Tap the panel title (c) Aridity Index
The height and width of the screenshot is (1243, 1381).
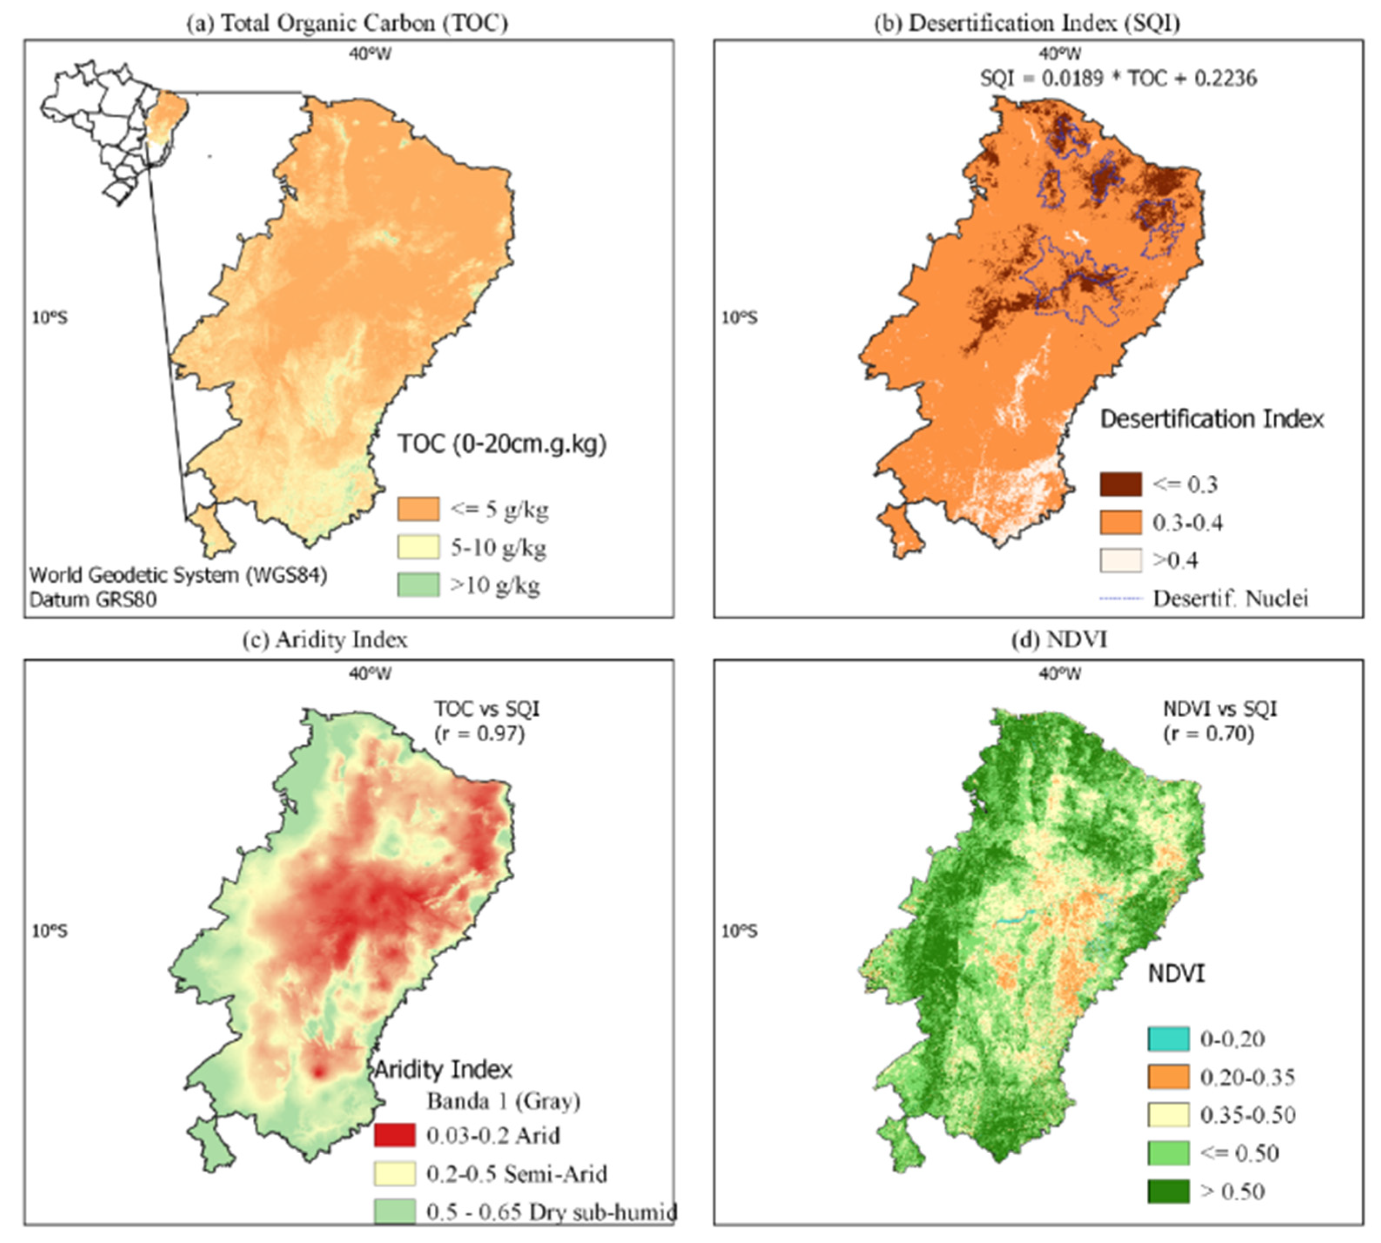(x=325, y=640)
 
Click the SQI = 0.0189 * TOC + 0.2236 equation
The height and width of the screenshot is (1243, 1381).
(x=1118, y=78)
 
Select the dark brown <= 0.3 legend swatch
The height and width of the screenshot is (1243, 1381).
(x=1120, y=484)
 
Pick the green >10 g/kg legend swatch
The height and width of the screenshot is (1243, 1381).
(x=418, y=585)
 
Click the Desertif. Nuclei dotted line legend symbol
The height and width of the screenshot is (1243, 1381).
(x=1120, y=599)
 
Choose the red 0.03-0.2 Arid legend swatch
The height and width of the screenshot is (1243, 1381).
(x=395, y=1135)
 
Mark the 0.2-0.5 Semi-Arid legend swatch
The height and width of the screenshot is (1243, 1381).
(x=395, y=1173)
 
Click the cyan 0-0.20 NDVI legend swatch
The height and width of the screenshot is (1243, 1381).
(x=1168, y=1039)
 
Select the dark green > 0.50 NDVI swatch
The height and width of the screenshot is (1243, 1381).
(x=1168, y=1191)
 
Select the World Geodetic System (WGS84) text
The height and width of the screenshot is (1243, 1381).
(x=178, y=575)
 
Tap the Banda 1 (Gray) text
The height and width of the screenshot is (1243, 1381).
(x=503, y=1101)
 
